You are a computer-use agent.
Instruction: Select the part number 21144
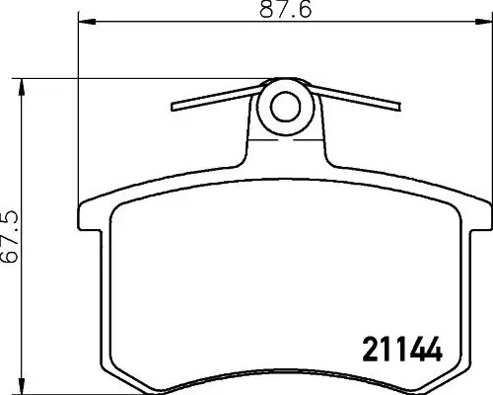(394, 350)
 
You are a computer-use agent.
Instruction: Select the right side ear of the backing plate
(476, 218)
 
